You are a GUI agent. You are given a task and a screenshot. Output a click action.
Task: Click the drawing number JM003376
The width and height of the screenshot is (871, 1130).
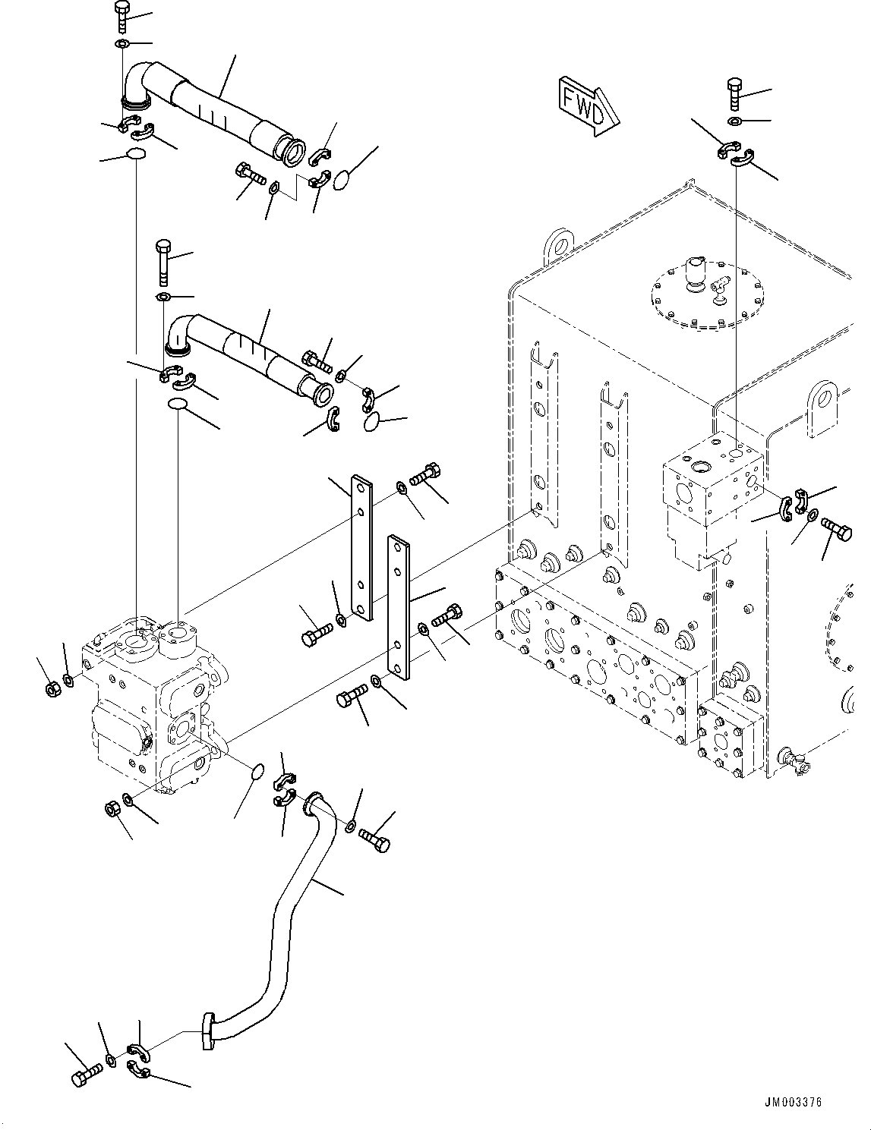click(x=793, y=1103)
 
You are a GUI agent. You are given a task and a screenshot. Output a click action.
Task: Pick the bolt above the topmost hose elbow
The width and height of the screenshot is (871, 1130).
click(x=121, y=16)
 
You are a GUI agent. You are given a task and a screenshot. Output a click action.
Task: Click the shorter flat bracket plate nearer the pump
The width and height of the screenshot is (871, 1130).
click(x=361, y=546)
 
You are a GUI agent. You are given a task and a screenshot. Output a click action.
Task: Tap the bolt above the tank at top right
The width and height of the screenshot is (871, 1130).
click(x=735, y=94)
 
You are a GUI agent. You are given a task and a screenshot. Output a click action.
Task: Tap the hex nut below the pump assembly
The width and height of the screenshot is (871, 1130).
click(x=111, y=810)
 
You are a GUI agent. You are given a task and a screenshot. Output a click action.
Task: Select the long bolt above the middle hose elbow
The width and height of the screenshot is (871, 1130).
click(x=164, y=258)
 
